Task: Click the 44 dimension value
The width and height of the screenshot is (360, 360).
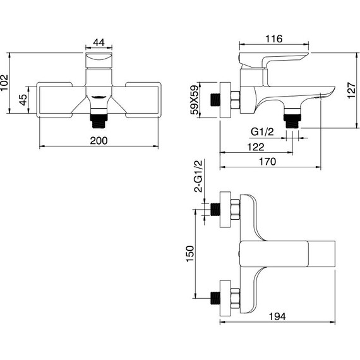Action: click(x=99, y=42)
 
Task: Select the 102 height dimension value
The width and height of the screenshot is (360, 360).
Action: click(x=4, y=83)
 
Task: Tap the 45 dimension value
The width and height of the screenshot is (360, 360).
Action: click(x=23, y=100)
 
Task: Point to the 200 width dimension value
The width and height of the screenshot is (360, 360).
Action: click(x=99, y=140)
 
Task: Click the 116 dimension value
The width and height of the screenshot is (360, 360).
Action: click(x=274, y=39)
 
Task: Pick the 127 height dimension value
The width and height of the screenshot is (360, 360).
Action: click(x=351, y=90)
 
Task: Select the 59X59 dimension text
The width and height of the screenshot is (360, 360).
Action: click(x=194, y=100)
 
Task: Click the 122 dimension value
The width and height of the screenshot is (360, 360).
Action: click(x=256, y=147)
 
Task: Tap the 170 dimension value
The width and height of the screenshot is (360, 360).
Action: click(x=268, y=162)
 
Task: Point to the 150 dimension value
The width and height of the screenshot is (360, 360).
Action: click(x=190, y=254)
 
